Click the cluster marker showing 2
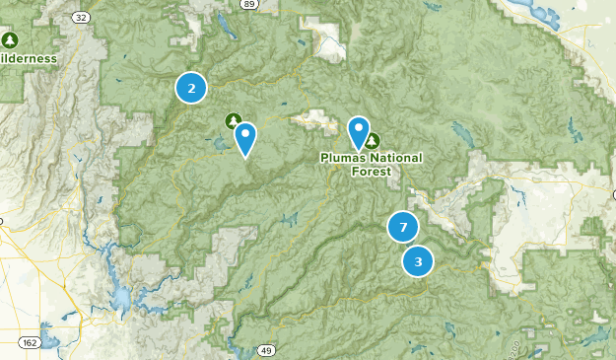(191, 88)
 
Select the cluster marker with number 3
(418, 261)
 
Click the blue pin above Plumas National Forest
(359, 132)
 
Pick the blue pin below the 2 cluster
(245, 139)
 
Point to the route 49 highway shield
(266, 350)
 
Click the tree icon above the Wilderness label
(10, 39)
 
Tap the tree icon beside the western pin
(234, 121)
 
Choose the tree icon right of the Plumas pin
(374, 141)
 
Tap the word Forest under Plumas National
(371, 171)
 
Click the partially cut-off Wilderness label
(27, 58)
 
